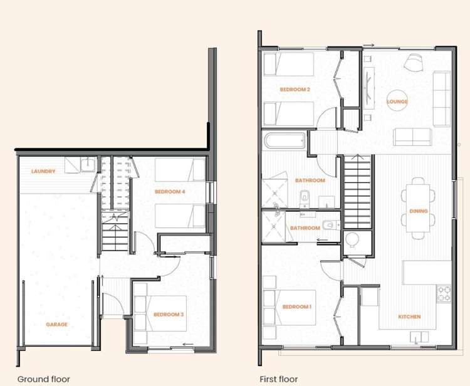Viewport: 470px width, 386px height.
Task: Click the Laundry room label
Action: pos(43,171)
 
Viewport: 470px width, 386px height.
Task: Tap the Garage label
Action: pos(56,325)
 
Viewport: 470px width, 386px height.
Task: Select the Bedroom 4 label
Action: pos(170,191)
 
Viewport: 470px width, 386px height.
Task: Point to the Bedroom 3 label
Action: pos(169,314)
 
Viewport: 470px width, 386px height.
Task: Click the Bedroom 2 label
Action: pos(295,90)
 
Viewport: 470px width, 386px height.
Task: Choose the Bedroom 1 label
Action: pos(296,306)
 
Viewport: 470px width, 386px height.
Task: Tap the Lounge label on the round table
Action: pos(397,102)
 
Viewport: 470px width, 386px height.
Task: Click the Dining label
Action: pos(419,211)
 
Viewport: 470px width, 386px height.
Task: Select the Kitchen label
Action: pos(409,316)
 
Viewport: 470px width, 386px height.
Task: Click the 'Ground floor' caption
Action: pos(43,378)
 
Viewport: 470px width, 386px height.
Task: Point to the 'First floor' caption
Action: pos(279,378)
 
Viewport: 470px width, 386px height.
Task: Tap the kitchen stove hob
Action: pos(444,293)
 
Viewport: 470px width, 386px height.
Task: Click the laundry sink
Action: pos(88,165)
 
